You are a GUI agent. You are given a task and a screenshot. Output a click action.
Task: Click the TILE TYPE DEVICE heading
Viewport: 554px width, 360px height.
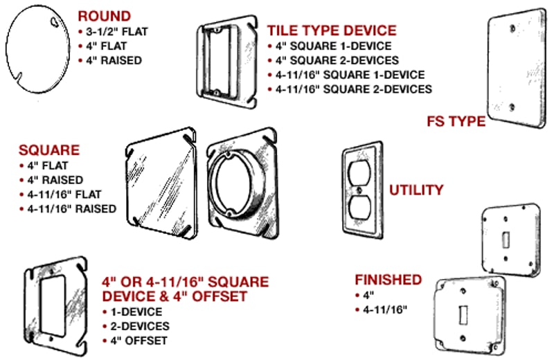332,30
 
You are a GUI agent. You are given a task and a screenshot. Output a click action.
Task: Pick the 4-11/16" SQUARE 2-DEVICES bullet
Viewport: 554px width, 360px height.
353,89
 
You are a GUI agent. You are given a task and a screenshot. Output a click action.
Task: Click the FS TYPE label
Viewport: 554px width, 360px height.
456,122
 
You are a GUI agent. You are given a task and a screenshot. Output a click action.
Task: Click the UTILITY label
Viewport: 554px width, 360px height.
416,190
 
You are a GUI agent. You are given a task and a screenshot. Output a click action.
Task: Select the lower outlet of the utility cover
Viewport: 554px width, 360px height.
361,207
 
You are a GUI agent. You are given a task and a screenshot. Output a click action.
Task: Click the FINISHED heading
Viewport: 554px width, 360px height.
388,280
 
